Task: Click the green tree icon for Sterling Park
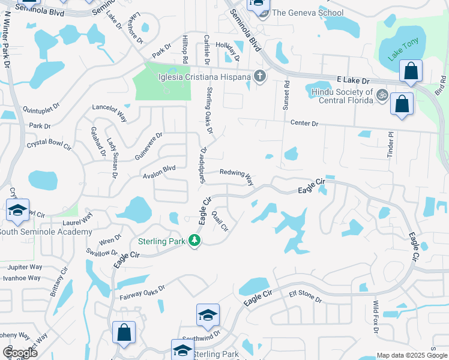[194, 240]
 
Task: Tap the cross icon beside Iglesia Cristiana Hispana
[259, 76]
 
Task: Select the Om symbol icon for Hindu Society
[381, 95]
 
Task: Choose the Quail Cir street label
[220, 221]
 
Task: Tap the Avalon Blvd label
[159, 169]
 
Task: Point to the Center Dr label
[304, 124]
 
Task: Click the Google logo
[20, 352]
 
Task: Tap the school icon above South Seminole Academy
[18, 211]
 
